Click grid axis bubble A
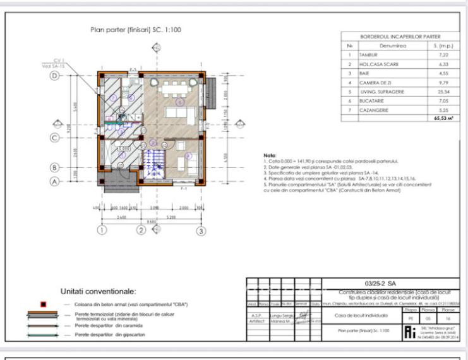pos(54,180)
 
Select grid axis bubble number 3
pos(201,231)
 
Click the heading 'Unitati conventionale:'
pos(98,292)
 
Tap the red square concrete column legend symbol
pos(43,304)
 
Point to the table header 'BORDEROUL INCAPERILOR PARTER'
pos(391,37)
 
